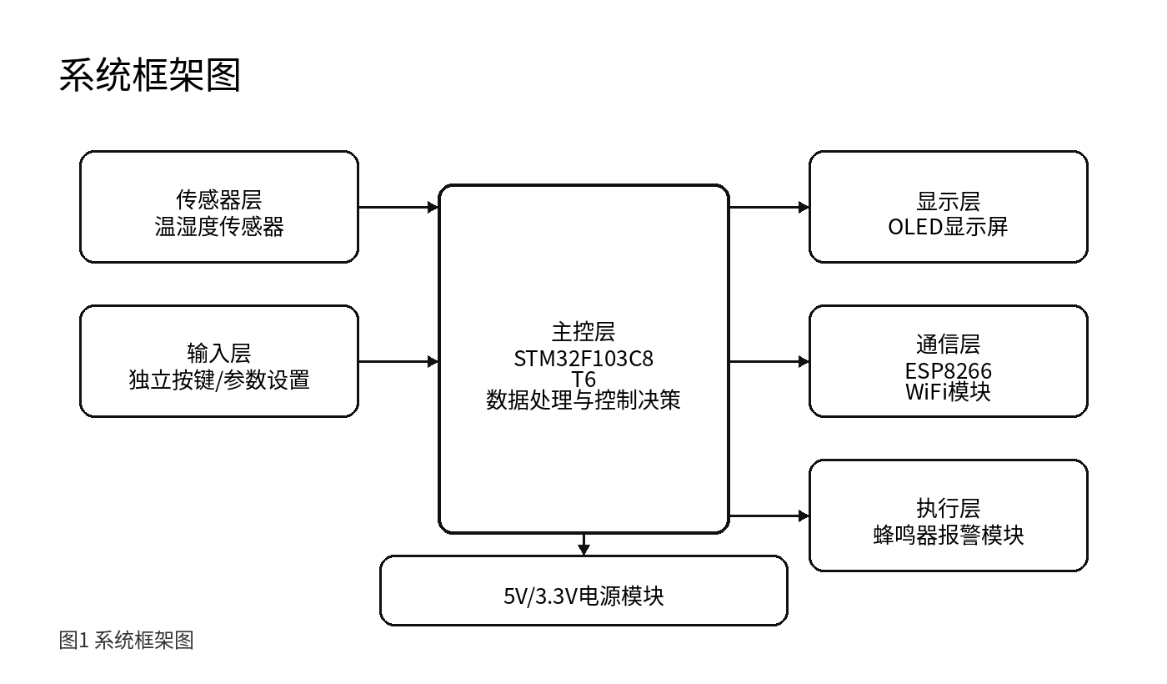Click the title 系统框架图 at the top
tap(149, 76)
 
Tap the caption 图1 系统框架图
tap(126, 641)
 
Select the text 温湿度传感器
tap(219, 227)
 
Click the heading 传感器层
tap(219, 199)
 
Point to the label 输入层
tap(219, 354)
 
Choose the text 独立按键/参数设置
tap(219, 380)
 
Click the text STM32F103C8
tap(583, 359)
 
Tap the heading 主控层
tap(583, 332)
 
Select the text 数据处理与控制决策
tap(583, 400)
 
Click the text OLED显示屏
tap(949, 227)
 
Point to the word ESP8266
tap(949, 371)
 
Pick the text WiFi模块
tap(949, 392)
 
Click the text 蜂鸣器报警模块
tap(949, 536)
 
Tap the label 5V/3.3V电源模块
tap(583, 596)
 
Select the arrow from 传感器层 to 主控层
tap(398, 208)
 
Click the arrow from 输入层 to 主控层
tap(398, 361)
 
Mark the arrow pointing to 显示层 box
tap(769, 208)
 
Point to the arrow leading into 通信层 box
tap(769, 361)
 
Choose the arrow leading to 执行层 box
tap(769, 516)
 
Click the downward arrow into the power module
tap(583, 545)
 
